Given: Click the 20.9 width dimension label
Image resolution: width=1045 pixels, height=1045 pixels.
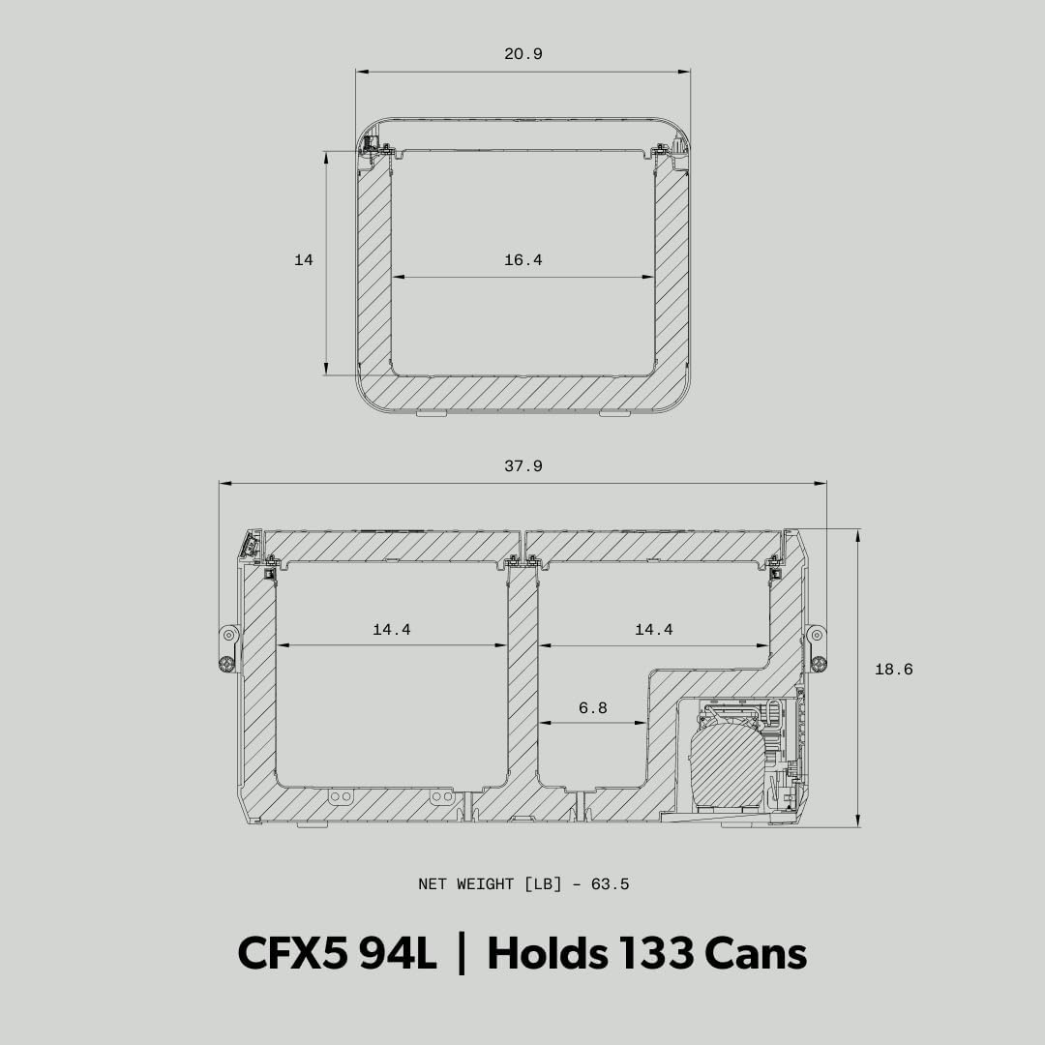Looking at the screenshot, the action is (x=523, y=54).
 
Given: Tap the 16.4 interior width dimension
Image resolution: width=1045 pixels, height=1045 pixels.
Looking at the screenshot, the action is (x=523, y=260).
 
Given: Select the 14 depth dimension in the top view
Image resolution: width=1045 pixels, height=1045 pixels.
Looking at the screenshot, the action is (x=303, y=260).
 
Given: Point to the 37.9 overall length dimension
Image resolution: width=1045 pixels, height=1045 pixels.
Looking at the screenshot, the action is (x=523, y=465).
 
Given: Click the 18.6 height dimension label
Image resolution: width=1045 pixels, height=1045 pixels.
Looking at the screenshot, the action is (x=894, y=670).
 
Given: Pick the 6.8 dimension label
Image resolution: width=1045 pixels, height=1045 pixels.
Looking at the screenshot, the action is (x=592, y=707).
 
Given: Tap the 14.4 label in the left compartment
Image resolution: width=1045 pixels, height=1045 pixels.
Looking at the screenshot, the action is (x=392, y=629).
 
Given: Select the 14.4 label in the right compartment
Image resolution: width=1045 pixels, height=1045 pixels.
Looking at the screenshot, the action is (x=654, y=629).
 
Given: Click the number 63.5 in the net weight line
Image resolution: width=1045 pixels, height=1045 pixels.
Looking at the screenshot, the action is (x=610, y=884).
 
